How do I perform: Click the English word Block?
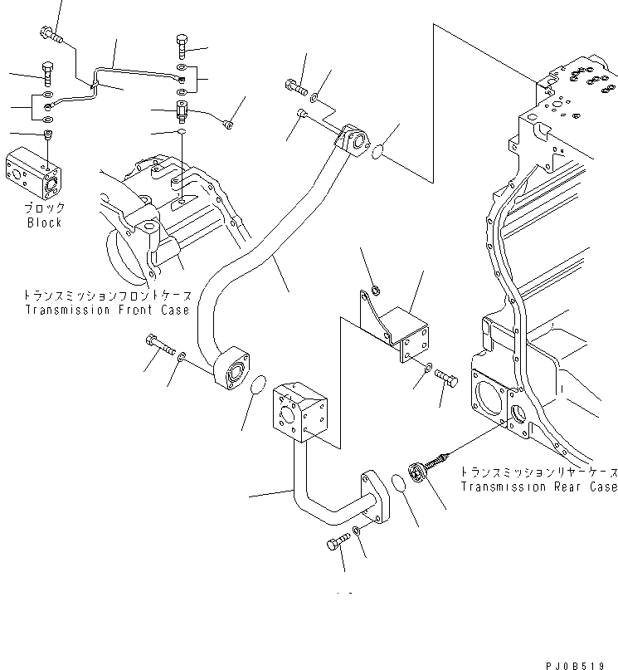44,223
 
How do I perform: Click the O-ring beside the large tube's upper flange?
377,154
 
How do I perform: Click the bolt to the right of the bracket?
447,379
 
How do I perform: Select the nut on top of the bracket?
374,291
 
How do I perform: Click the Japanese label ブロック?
44,208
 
